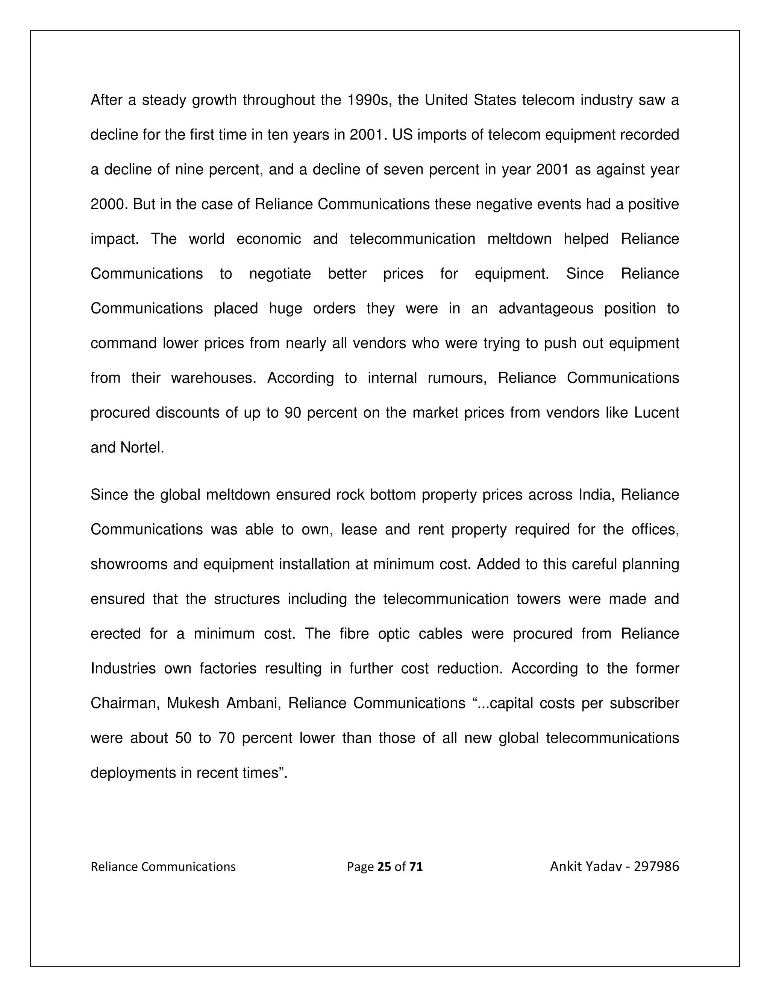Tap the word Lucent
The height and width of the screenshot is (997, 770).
(x=656, y=413)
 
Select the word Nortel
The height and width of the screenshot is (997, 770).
(x=142, y=447)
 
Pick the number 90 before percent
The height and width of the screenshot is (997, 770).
(x=293, y=413)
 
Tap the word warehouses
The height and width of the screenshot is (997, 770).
(x=214, y=378)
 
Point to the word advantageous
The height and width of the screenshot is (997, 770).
(x=546, y=309)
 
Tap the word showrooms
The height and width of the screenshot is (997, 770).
(x=129, y=564)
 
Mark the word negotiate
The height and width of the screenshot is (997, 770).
(x=280, y=274)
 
